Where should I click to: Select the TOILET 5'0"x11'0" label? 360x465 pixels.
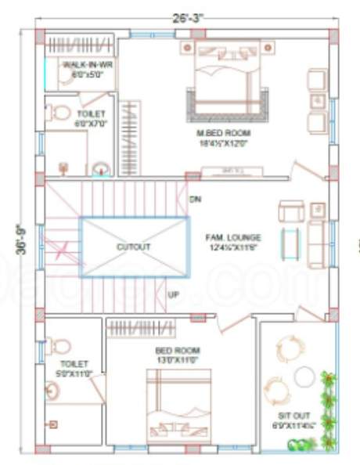[x=76, y=369]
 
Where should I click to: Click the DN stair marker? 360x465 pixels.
[x=196, y=200]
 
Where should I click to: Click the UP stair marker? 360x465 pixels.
[x=175, y=295]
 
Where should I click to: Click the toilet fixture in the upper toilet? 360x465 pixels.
[x=59, y=113]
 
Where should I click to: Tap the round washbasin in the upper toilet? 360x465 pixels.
[x=99, y=168]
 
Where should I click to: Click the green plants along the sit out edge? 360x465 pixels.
[x=328, y=407]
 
